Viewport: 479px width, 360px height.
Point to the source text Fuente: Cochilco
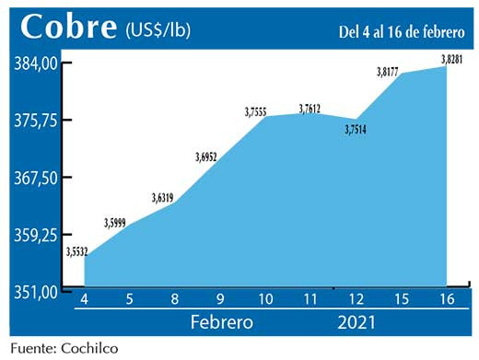click(x=64, y=348)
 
